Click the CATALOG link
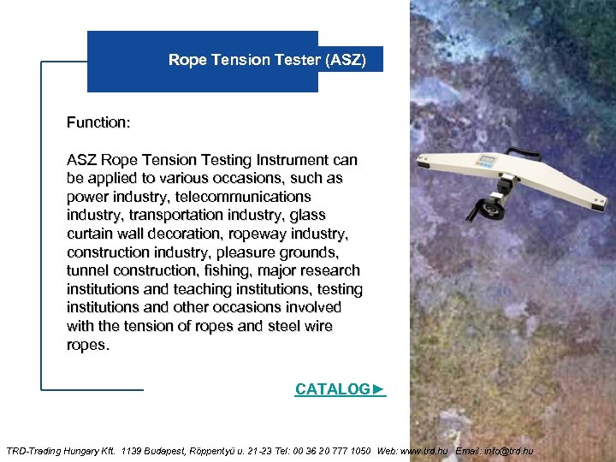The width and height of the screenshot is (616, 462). coord(340,389)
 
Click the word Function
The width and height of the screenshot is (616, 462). coord(98,123)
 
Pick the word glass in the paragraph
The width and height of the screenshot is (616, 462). coord(307,216)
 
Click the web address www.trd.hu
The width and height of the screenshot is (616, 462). coord(424,451)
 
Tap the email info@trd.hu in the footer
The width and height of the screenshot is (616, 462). coord(509,451)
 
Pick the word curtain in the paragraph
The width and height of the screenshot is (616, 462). coord(91,234)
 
